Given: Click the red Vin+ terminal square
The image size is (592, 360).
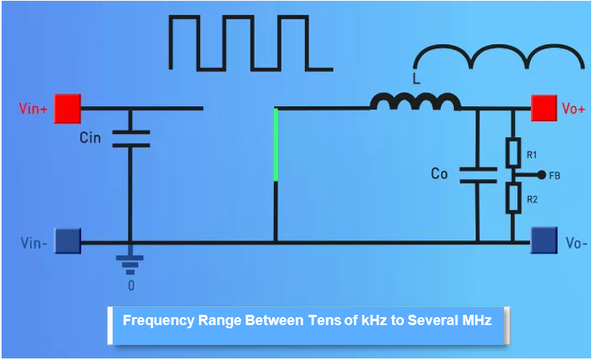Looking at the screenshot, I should [x=67, y=109].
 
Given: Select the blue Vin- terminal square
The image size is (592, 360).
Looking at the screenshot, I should [x=67, y=241].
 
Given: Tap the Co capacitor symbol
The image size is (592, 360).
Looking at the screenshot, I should [x=478, y=174].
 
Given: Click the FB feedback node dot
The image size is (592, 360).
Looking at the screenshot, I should [x=541, y=174].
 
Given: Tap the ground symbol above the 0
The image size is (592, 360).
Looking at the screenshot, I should [x=130, y=262].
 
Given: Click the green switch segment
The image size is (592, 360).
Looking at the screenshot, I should [x=275, y=145].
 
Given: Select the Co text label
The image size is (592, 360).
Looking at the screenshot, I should [x=439, y=174].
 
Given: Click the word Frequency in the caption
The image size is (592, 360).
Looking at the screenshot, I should [x=157, y=320].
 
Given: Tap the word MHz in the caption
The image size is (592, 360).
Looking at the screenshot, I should [x=474, y=320].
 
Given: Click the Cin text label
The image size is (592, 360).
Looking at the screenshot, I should [x=90, y=138].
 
